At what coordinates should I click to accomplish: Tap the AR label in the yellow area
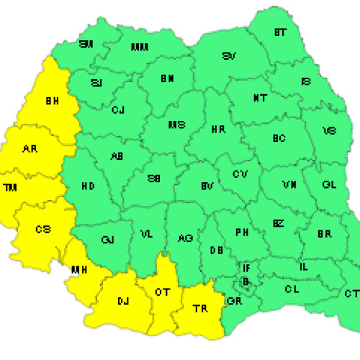pos(30,149)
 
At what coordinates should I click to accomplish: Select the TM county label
pos(9,187)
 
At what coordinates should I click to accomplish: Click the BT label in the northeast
pos(279,32)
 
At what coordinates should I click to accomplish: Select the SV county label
pos(230,55)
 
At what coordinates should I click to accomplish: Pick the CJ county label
pos(118,109)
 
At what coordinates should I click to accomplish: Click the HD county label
pos(88,186)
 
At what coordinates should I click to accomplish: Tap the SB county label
pos(153,180)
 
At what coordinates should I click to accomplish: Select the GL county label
pos(329,185)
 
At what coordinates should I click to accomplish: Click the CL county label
pos(291,289)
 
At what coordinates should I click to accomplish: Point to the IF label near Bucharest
pos(246,268)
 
